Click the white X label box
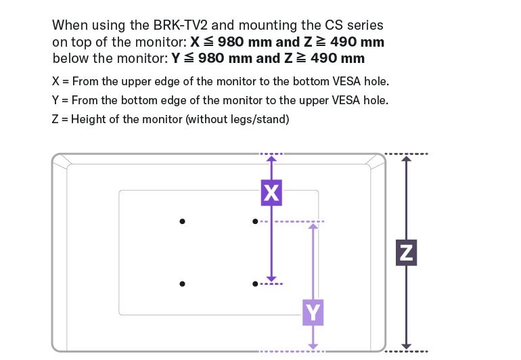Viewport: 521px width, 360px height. coord(271,194)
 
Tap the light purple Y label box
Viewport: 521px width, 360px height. coord(313,313)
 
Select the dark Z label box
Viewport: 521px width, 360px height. coord(405,252)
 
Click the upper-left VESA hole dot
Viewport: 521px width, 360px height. coord(182,221)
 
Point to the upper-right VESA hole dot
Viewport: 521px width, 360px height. coord(254,221)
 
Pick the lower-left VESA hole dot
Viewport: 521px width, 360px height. coord(182,284)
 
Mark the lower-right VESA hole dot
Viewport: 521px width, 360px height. coord(254,284)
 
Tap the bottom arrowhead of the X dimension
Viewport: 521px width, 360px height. coord(271,279)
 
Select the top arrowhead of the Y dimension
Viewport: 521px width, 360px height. coord(313,226)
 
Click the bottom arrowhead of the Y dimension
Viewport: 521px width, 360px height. coord(313,346)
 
